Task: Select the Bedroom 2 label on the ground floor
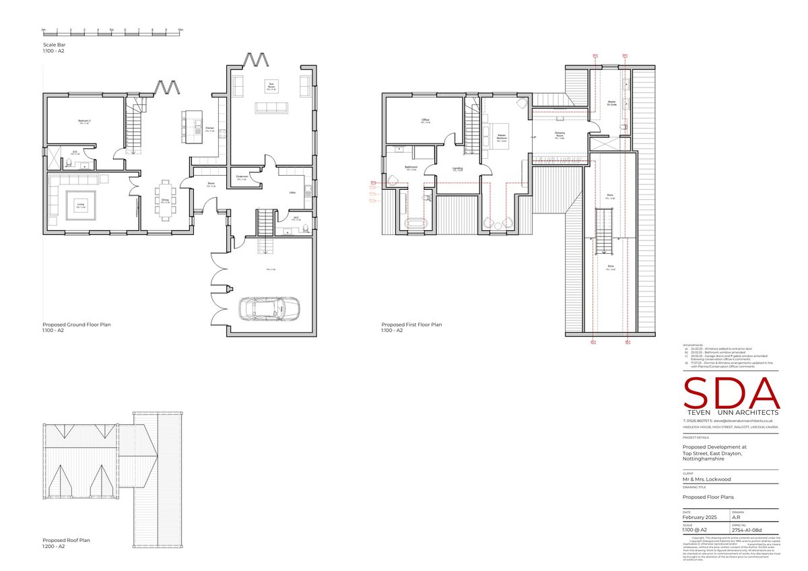tap(84, 121)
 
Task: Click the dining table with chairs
tap(166, 201)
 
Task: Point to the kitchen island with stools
tap(185, 123)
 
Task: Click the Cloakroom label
tap(243, 176)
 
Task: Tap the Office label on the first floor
tap(426, 121)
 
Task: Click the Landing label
tap(458, 168)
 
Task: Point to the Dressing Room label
tap(560, 134)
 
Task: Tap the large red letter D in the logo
tap(729, 393)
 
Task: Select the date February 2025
tap(700, 516)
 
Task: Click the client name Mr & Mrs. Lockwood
tap(706, 479)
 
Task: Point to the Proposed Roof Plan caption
tap(66, 540)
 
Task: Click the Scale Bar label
tap(54, 44)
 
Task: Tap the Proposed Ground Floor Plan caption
tap(76, 325)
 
